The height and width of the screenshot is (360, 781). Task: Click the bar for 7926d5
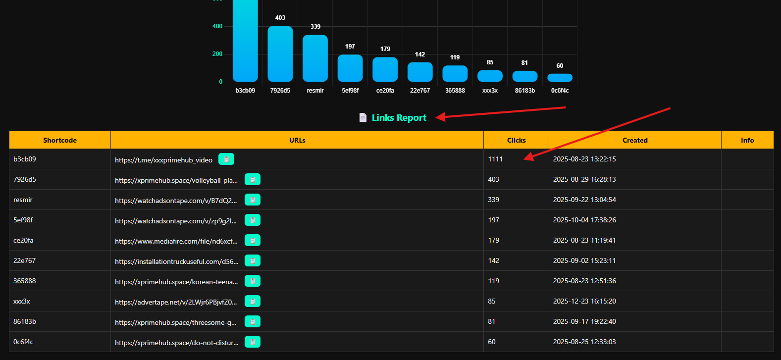click(280, 53)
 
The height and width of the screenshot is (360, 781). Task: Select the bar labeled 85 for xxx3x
click(490, 76)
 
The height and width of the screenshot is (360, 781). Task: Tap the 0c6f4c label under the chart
click(560, 91)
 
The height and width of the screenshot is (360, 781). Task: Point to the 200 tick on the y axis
click(217, 54)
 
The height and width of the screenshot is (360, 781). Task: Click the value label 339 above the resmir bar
click(315, 27)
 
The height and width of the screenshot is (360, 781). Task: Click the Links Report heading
click(399, 118)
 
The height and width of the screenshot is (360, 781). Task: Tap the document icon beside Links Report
click(363, 118)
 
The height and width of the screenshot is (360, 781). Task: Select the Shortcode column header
click(60, 140)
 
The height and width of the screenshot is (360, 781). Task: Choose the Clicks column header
click(516, 140)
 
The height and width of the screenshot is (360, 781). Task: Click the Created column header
click(635, 140)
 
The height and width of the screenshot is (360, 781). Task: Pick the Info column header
click(747, 140)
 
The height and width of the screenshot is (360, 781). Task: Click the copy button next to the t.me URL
click(226, 159)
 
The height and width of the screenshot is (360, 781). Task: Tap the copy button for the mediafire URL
click(253, 241)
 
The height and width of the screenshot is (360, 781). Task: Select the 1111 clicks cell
click(495, 159)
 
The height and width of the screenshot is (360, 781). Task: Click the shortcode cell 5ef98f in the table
click(23, 220)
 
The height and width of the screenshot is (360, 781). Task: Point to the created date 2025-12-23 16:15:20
click(584, 301)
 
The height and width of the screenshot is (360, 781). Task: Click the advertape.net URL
click(176, 302)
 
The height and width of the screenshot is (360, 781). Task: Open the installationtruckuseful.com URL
click(177, 261)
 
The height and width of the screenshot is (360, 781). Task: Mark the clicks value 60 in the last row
click(492, 342)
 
